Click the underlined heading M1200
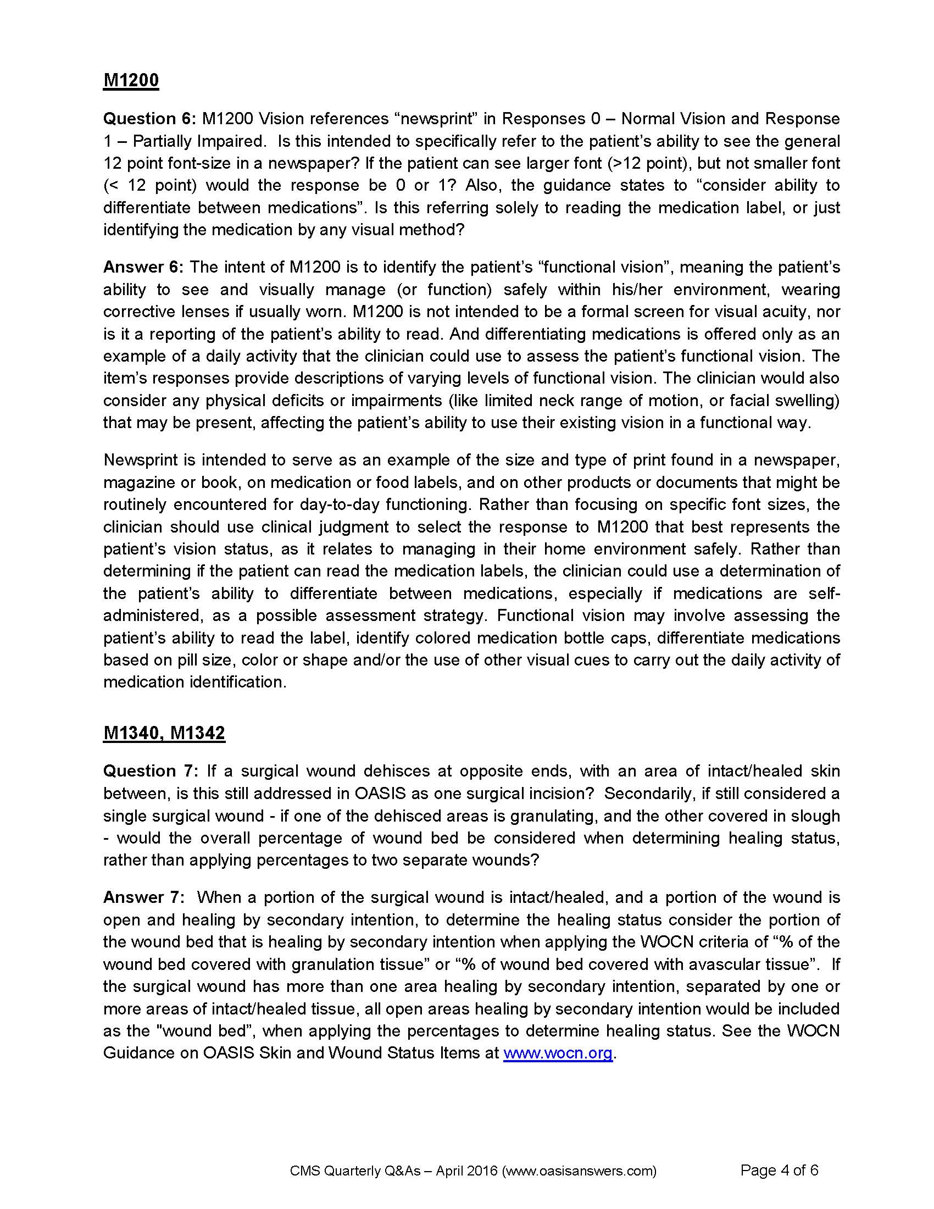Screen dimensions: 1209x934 coord(131,80)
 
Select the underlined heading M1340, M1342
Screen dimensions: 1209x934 coord(164,733)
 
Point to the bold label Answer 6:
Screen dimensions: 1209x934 coord(143,268)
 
